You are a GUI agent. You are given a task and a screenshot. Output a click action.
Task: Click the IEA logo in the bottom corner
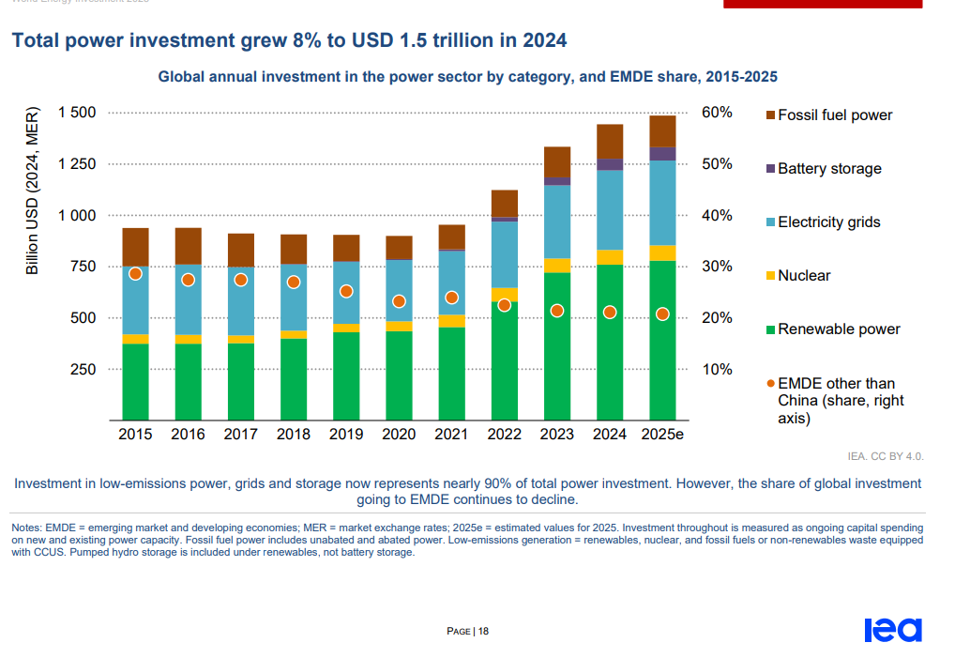892,630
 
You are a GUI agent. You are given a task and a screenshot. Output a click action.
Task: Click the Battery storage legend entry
829,169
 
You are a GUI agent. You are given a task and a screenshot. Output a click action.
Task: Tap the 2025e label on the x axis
662,435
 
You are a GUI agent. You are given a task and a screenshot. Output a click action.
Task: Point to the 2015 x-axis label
135,435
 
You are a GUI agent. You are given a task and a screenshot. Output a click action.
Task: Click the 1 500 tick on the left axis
77,114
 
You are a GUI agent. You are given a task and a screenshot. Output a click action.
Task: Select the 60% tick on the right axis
718,114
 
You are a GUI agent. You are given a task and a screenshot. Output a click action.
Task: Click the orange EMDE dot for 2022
504,305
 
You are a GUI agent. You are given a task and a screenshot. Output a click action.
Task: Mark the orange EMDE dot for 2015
135,274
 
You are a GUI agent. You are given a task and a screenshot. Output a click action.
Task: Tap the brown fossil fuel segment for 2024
610,142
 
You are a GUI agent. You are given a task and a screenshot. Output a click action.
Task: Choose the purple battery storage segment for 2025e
662,154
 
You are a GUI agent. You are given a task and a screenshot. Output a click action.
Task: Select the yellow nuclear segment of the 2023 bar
557,266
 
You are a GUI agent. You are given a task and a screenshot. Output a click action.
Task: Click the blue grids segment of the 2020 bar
399,291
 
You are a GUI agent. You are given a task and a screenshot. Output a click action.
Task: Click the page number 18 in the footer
483,632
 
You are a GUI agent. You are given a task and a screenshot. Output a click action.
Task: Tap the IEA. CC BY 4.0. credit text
886,457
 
